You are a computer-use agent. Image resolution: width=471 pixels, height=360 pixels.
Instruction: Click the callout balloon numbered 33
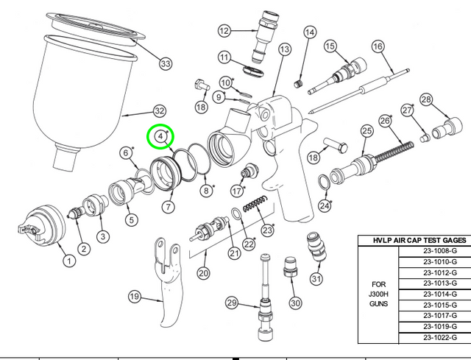coord(166,63)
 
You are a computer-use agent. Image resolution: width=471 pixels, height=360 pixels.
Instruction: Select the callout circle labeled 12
coord(224,31)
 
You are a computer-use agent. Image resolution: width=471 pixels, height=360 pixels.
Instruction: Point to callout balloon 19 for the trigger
coord(134,297)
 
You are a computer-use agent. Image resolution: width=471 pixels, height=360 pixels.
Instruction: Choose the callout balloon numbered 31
coord(316,279)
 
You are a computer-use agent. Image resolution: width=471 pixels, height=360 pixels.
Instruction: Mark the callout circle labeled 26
coord(383,120)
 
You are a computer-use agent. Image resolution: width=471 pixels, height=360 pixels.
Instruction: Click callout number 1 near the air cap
coord(68,260)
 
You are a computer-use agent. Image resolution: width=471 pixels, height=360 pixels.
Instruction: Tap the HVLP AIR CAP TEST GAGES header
coord(414,240)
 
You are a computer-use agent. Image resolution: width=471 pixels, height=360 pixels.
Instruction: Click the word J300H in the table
coord(378,294)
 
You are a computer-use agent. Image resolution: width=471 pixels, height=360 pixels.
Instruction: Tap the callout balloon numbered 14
coord(310,32)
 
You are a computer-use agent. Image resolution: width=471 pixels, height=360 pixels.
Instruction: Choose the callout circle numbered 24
coord(325,205)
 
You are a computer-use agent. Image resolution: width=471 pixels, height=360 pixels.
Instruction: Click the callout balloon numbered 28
coord(426,99)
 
